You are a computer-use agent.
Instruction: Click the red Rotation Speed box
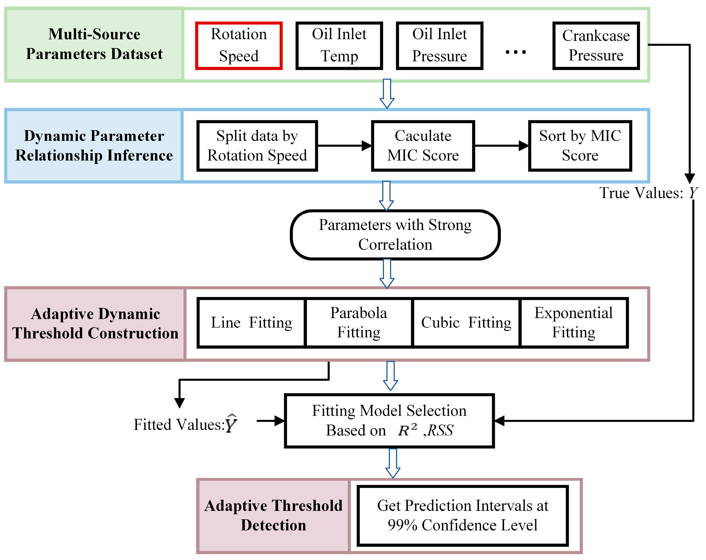pos(239,45)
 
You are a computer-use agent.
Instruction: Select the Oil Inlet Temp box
pos(339,45)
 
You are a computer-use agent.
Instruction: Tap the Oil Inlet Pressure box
pos(439,45)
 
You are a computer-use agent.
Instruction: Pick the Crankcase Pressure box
pos(596,45)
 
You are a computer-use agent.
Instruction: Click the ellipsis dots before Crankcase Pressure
pos(515,52)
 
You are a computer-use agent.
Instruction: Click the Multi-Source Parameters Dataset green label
pos(94,44)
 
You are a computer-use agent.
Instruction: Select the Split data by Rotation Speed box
pos(257,146)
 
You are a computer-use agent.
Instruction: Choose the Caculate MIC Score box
pos(423,146)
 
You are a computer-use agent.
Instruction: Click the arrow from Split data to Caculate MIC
pos(344,146)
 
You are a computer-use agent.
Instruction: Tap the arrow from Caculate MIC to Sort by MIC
pos(501,146)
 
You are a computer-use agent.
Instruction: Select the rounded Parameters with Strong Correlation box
pos(395,235)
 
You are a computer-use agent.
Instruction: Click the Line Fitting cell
pos(252,323)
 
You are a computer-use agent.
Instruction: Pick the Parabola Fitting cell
pos(359,323)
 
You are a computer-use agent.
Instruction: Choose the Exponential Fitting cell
pos(573,323)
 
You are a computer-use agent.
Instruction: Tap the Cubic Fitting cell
pos(466,323)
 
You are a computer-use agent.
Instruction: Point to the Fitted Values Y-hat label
pos(185,424)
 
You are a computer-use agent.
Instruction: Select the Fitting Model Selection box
pos(389,420)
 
